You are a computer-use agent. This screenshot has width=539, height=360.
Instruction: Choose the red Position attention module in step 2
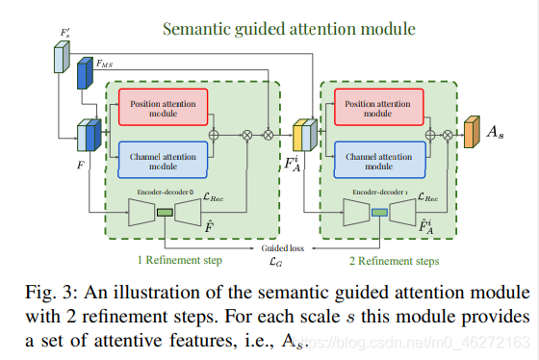point(377,110)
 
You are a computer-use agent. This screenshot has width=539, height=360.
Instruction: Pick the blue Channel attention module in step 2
point(377,159)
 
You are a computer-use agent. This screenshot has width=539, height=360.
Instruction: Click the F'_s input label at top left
point(64,35)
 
